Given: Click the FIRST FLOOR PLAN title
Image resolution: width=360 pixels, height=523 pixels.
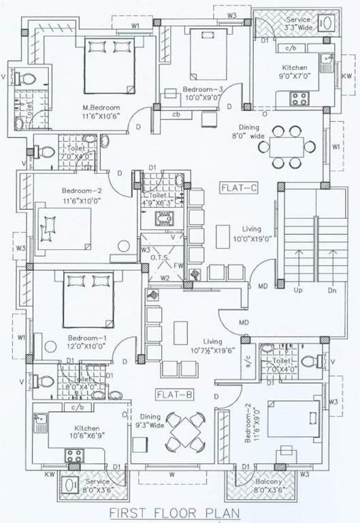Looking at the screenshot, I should coord(180,511).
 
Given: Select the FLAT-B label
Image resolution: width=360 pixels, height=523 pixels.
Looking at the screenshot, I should coord(167,394).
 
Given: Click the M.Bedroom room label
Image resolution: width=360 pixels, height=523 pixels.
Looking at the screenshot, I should coord(101,108).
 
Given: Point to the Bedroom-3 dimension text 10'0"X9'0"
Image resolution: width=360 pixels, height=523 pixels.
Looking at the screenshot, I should coord(202,98).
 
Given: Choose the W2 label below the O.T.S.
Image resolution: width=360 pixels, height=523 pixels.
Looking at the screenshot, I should coord(165,278).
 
